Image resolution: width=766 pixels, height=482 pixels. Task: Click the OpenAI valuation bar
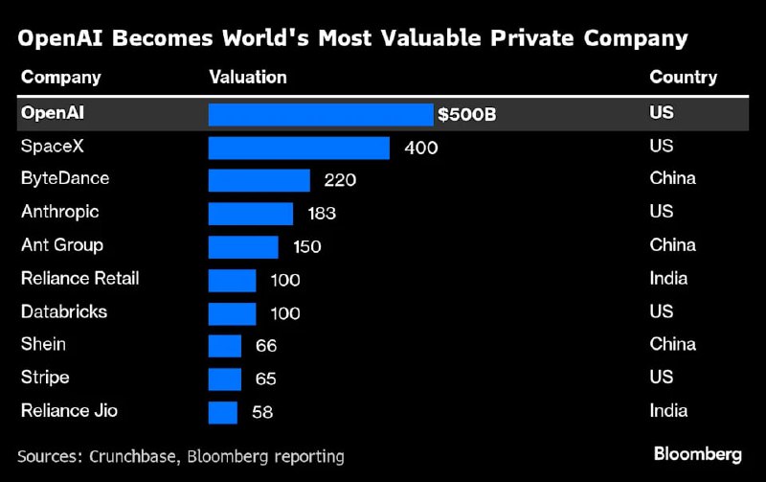pos(321,115)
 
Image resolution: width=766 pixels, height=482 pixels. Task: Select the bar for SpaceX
pos(299,148)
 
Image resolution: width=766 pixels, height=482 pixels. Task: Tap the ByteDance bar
pos(259,180)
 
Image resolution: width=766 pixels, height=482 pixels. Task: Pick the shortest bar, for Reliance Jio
pos(222,412)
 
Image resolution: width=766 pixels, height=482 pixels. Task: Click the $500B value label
pos(466,115)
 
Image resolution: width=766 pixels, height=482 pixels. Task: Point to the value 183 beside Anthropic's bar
pos(321,213)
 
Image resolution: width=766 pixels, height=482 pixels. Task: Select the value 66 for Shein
pos(264,346)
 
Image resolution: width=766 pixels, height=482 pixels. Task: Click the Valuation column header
pos(248,78)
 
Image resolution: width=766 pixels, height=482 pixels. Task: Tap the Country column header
pos(683,78)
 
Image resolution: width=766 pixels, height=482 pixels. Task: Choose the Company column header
pos(60,78)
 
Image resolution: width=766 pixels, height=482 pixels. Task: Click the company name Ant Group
pos(62,245)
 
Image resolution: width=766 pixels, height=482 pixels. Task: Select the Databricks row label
pos(64,311)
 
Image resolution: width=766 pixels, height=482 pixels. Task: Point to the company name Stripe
pos(45,378)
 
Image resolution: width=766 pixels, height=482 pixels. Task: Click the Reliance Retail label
pos(80,278)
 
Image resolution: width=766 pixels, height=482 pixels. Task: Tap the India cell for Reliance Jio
pos(668,411)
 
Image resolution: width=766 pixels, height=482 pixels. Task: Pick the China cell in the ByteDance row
pos(672,178)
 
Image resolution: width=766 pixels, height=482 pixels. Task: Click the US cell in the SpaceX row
pos(661,146)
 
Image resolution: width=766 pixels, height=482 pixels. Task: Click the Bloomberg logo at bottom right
pos(698,453)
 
